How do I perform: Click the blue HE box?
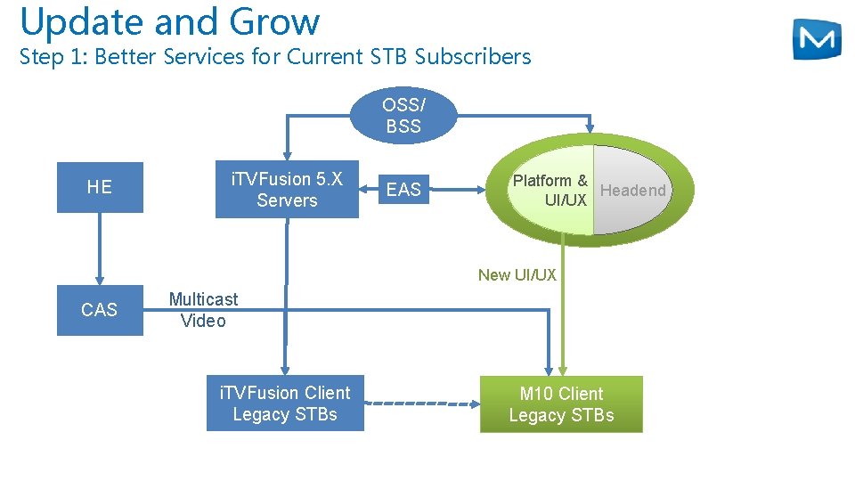pos(100,187)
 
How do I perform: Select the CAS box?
pos(100,310)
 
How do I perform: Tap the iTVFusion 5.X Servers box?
pos(287,190)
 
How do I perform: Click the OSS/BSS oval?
pos(403,116)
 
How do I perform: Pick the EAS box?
pos(403,189)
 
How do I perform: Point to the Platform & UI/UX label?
pos(550,190)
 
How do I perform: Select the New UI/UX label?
pos(517,275)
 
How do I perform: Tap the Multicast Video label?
pos(203,310)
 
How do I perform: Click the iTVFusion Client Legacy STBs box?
pos(285,404)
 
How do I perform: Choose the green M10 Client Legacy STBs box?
pos(561,404)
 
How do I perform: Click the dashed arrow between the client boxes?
pos(422,404)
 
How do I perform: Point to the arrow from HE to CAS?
pos(100,249)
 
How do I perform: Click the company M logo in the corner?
pos(816,39)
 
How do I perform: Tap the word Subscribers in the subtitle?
pos(473,57)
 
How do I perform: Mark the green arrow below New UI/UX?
pos(563,330)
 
